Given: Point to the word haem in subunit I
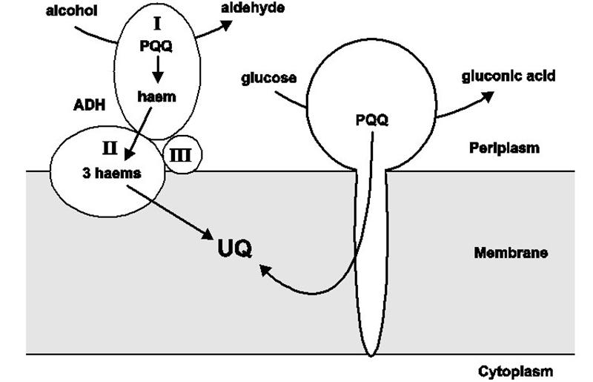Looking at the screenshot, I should [156, 96].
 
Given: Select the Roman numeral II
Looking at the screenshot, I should [109, 146].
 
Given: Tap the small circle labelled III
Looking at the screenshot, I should [181, 154].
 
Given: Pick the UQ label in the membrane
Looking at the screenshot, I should [234, 249].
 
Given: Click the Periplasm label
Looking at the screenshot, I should [505, 147].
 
